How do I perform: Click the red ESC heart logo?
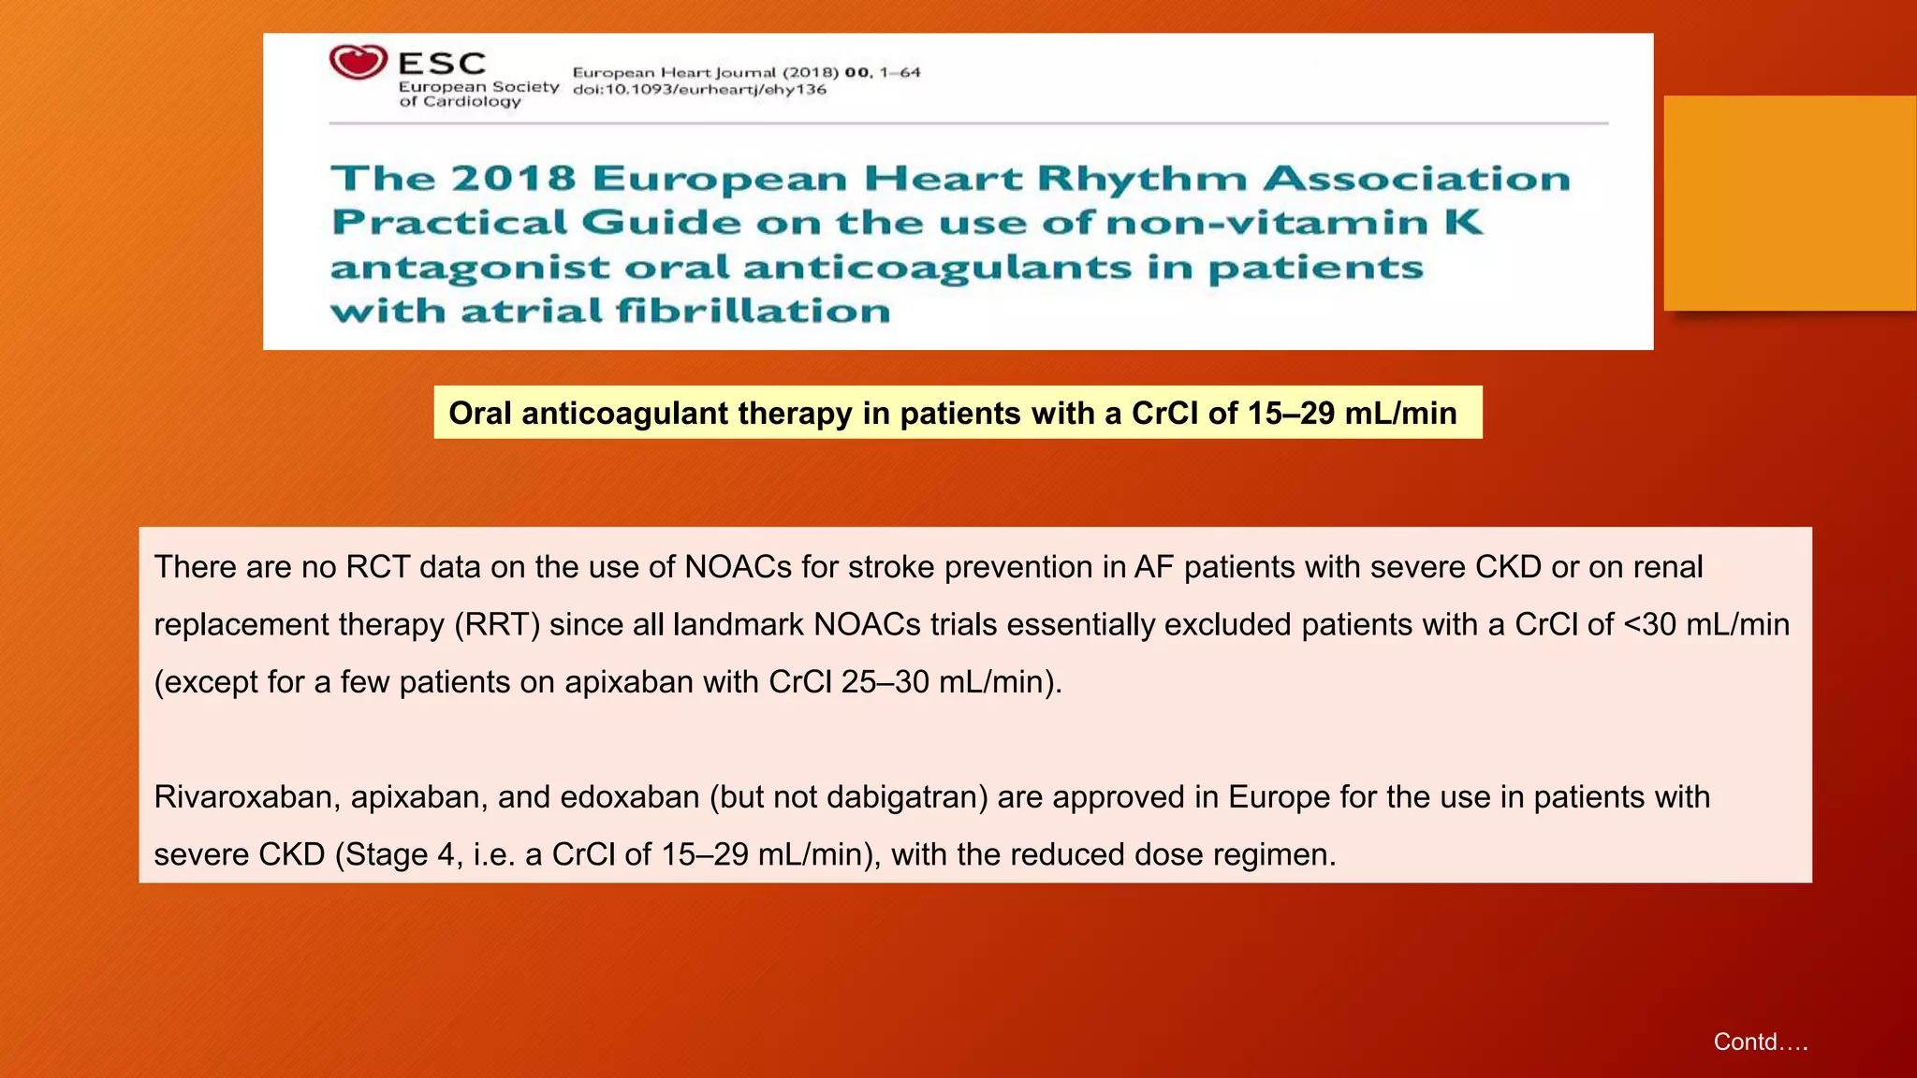(x=358, y=63)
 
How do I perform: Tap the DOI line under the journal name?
(x=699, y=90)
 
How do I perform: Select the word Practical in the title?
(x=449, y=223)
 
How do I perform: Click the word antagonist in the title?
(x=470, y=268)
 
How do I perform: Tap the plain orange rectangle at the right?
(x=1790, y=203)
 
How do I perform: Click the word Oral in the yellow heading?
(x=480, y=413)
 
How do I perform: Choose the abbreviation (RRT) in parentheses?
(x=497, y=625)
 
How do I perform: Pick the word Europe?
(x=1280, y=797)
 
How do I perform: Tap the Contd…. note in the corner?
(x=1760, y=1042)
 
